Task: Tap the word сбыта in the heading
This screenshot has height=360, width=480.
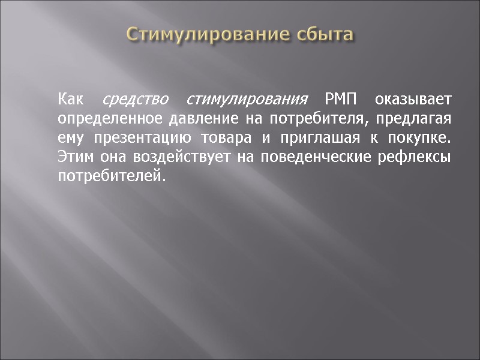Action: click(324, 34)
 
